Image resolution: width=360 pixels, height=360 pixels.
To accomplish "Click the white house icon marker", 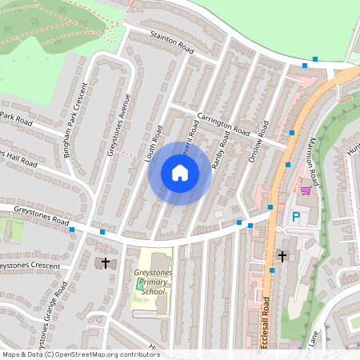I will [180, 172].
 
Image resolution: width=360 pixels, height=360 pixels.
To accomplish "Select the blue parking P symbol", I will [295, 218].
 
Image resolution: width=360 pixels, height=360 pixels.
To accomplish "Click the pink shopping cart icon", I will [305, 190].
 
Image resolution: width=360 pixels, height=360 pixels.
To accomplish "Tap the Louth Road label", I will [154, 145].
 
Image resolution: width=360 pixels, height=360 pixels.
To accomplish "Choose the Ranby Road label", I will [220, 153].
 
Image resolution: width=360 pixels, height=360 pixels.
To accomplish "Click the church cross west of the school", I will [105, 262].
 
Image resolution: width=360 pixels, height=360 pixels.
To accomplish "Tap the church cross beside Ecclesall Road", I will [281, 256].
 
